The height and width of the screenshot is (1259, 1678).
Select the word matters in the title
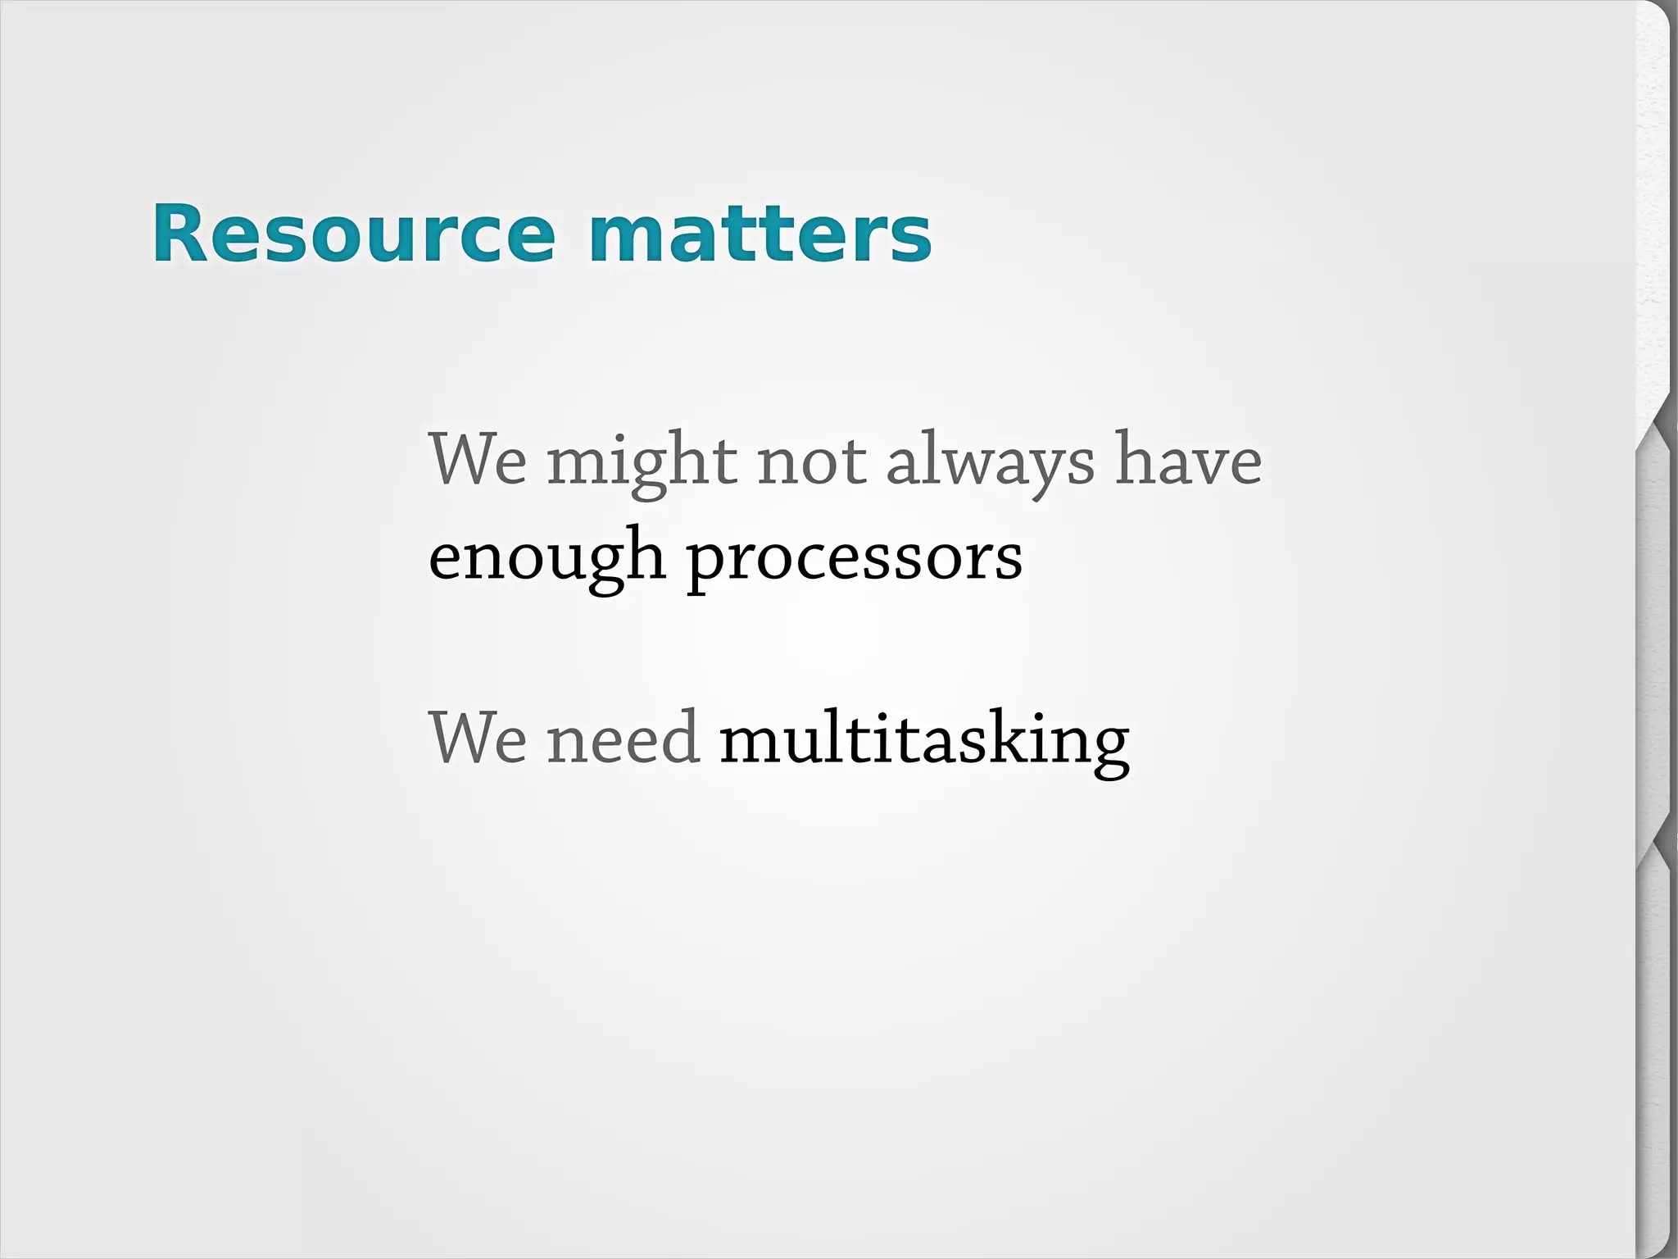(760, 234)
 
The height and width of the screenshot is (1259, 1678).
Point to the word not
(811, 461)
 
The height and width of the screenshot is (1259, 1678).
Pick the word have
(1188, 461)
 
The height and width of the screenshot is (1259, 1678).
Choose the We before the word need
(478, 738)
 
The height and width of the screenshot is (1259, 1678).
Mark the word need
(623, 738)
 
